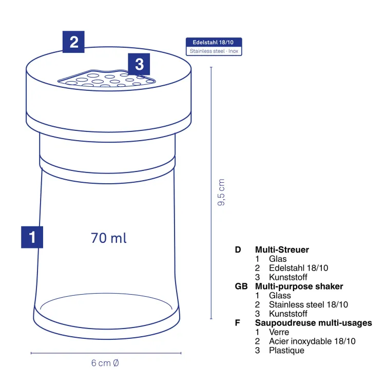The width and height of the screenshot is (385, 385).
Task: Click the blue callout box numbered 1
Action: [32, 237]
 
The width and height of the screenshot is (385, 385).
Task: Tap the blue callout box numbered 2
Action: [73, 42]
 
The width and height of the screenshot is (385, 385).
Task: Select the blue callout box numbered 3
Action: [139, 64]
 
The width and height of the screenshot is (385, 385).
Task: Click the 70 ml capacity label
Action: [109, 238]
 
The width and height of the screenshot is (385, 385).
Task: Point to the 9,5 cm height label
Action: [221, 192]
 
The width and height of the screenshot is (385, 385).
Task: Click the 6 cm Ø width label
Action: [105, 363]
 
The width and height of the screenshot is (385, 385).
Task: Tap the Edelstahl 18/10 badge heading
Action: [213, 42]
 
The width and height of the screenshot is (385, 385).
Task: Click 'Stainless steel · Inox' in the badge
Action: [214, 51]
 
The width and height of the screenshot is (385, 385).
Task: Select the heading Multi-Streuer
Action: [282, 249]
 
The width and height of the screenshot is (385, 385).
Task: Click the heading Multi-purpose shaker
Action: [299, 286]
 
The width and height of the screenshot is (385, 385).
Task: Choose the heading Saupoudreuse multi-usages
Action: [313, 323]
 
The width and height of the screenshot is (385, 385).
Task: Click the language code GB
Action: [241, 286]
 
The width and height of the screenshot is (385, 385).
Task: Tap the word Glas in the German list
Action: [278, 259]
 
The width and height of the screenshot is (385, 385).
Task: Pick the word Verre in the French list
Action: [279, 332]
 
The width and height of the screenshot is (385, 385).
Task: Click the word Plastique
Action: [286, 351]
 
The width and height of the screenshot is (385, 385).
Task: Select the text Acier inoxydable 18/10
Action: [312, 341]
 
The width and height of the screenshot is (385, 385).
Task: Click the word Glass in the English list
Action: [280, 295]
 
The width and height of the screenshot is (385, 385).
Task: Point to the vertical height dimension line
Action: [211, 193]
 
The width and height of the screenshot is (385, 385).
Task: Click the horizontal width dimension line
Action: [106, 353]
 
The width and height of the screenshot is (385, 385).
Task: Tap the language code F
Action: [238, 323]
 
